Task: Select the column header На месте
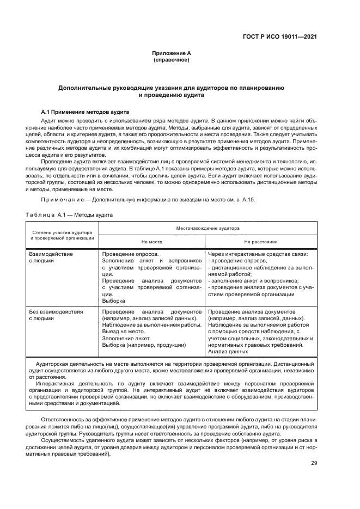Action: (152, 241)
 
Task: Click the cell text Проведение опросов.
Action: (131, 254)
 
